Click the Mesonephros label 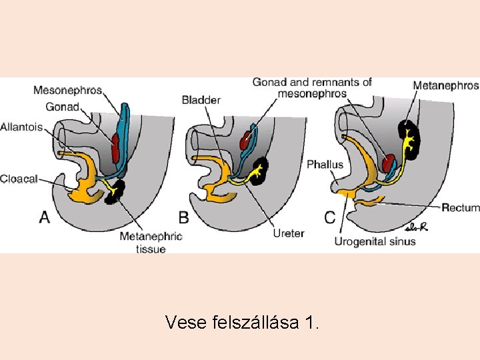pos(67,90)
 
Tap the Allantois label pos(21,127)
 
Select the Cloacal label pos(19,178)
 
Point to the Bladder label pos(201,100)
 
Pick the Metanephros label pos(445,85)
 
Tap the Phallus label pos(325,165)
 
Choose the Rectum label pos(460,208)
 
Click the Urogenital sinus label pos(375,241)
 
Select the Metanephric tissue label pos(151,243)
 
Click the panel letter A pos(45,217)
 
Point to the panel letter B pos(183,217)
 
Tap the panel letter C pos(330,217)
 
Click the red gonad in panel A pos(117,147)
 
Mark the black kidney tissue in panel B pos(257,171)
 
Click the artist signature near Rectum pos(416,227)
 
